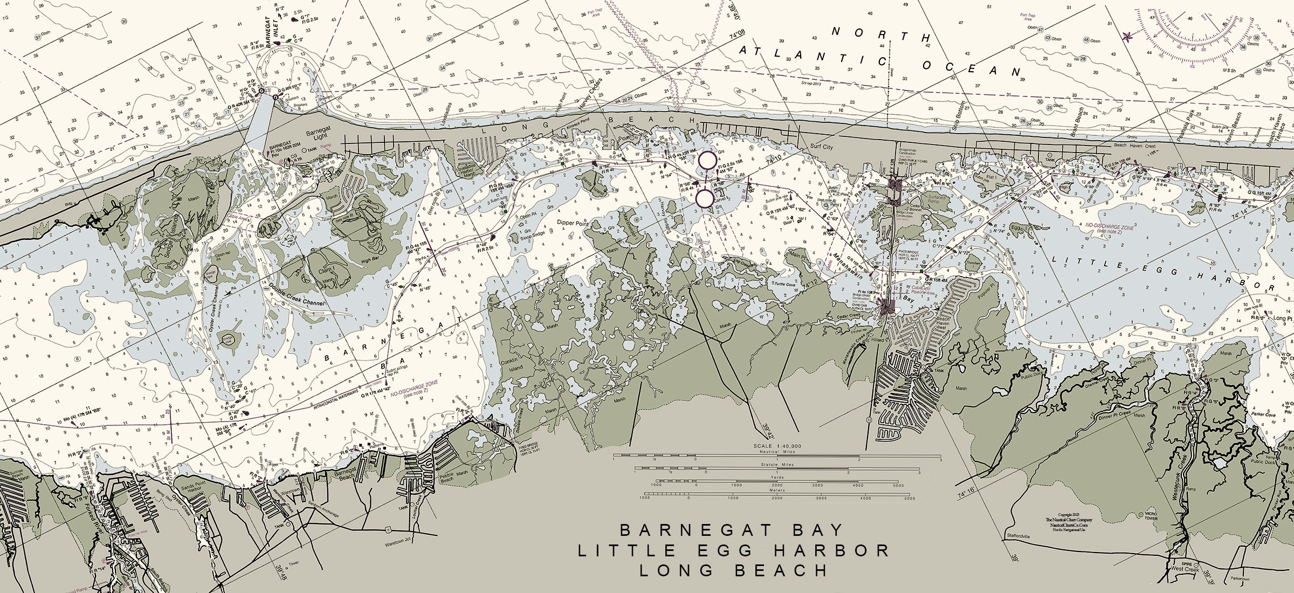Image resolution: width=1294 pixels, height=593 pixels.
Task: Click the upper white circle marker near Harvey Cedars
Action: click(707, 160)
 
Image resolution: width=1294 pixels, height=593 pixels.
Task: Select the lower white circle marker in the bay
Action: click(704, 198)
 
